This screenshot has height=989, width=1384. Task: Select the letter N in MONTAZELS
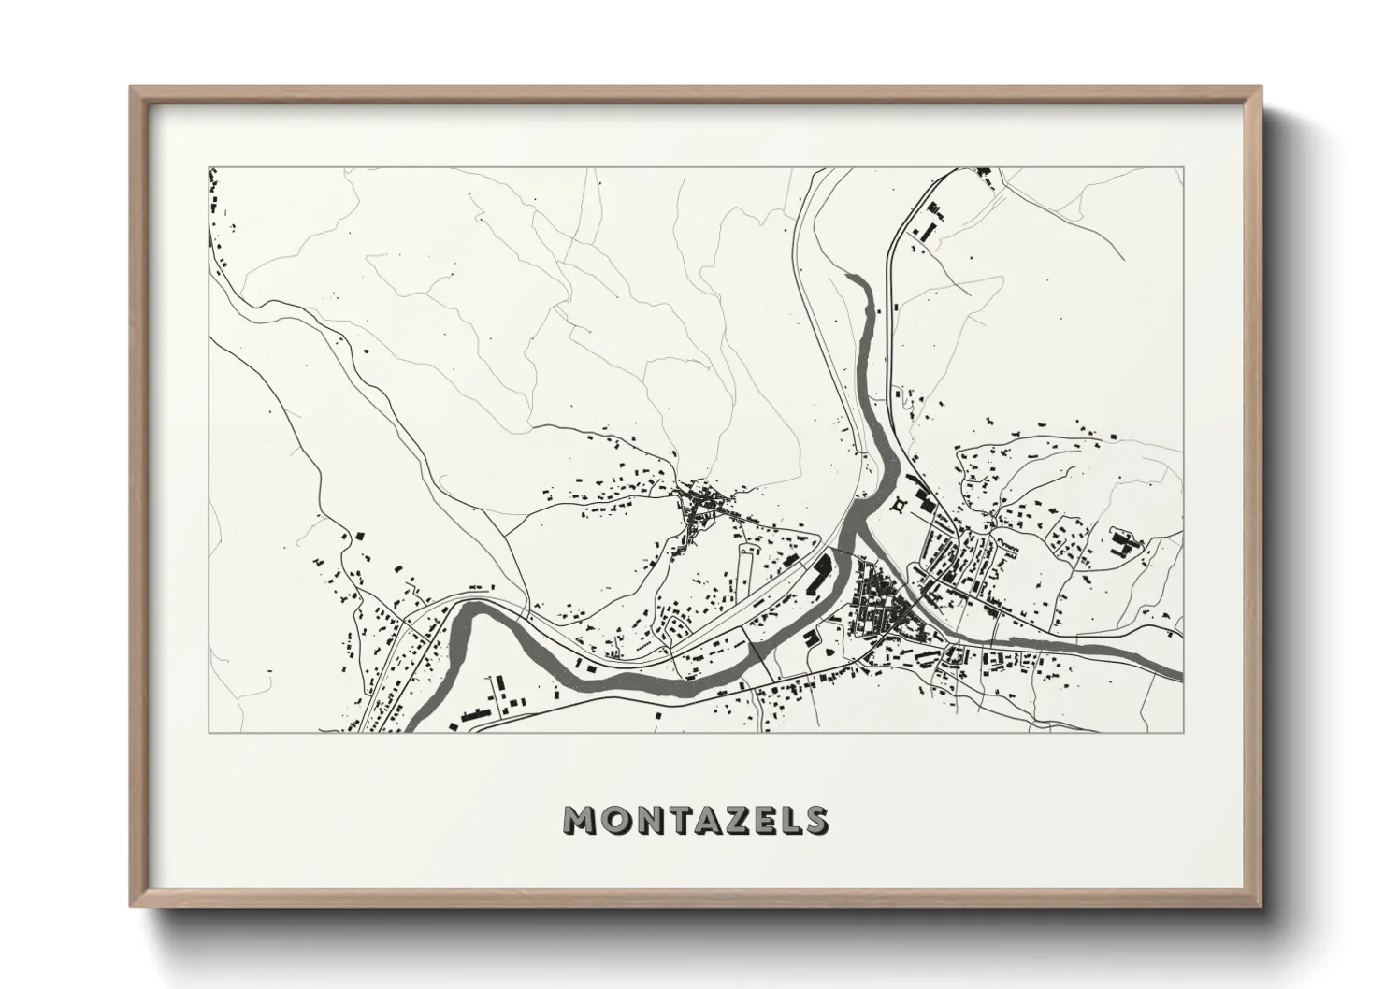(645, 820)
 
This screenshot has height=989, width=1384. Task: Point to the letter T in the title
(675, 820)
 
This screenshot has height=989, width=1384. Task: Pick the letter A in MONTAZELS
(704, 820)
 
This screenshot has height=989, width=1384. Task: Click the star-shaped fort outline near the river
(901, 506)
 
